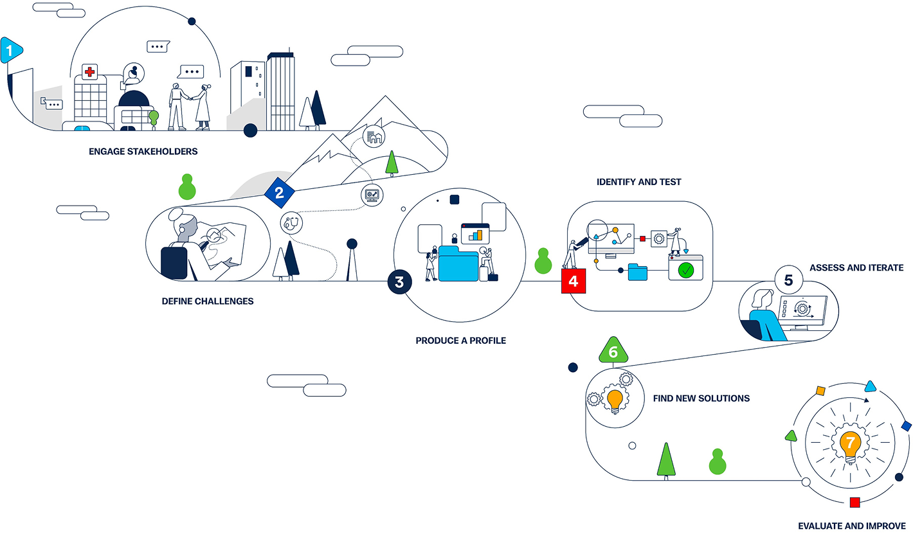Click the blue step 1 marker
(x=11, y=50)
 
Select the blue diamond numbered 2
(x=279, y=193)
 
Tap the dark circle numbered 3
(x=399, y=282)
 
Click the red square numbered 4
(x=574, y=281)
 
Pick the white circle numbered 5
(x=789, y=280)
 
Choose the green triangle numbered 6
(x=613, y=350)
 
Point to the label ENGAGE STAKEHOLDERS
(x=143, y=152)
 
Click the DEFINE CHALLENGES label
(x=208, y=301)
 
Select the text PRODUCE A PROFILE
(x=460, y=341)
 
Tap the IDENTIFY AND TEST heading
(x=638, y=182)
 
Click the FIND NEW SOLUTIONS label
(x=701, y=398)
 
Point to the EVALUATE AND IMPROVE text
(x=852, y=526)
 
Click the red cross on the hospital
(x=89, y=73)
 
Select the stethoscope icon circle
(x=291, y=223)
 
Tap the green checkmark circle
(x=686, y=271)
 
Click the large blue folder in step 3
(x=458, y=264)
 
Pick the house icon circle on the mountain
(x=374, y=137)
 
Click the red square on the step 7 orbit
(x=854, y=502)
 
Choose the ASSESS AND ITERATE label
(x=856, y=268)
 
